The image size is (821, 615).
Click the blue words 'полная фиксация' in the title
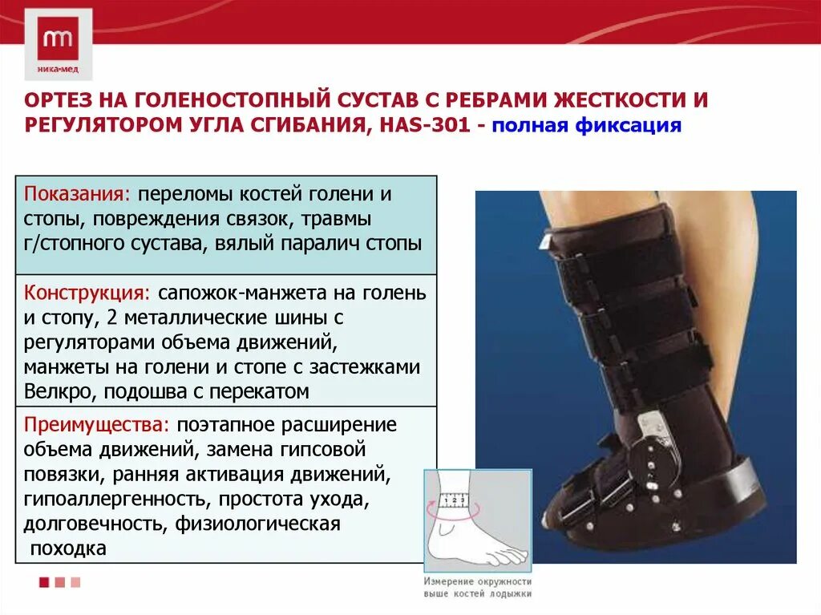[586, 126]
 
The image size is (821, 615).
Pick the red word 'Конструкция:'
[87, 293]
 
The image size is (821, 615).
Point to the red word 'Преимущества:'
[95, 424]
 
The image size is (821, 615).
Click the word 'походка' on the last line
[68, 549]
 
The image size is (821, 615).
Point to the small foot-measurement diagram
[477, 521]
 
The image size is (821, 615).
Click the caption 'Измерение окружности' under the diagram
[478, 581]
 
